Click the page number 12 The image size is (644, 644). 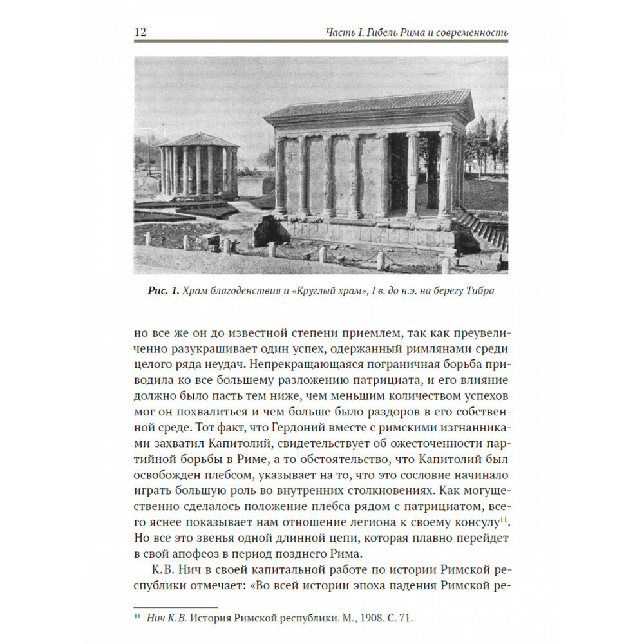[x=140, y=32]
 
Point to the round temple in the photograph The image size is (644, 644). [x=198, y=169]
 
